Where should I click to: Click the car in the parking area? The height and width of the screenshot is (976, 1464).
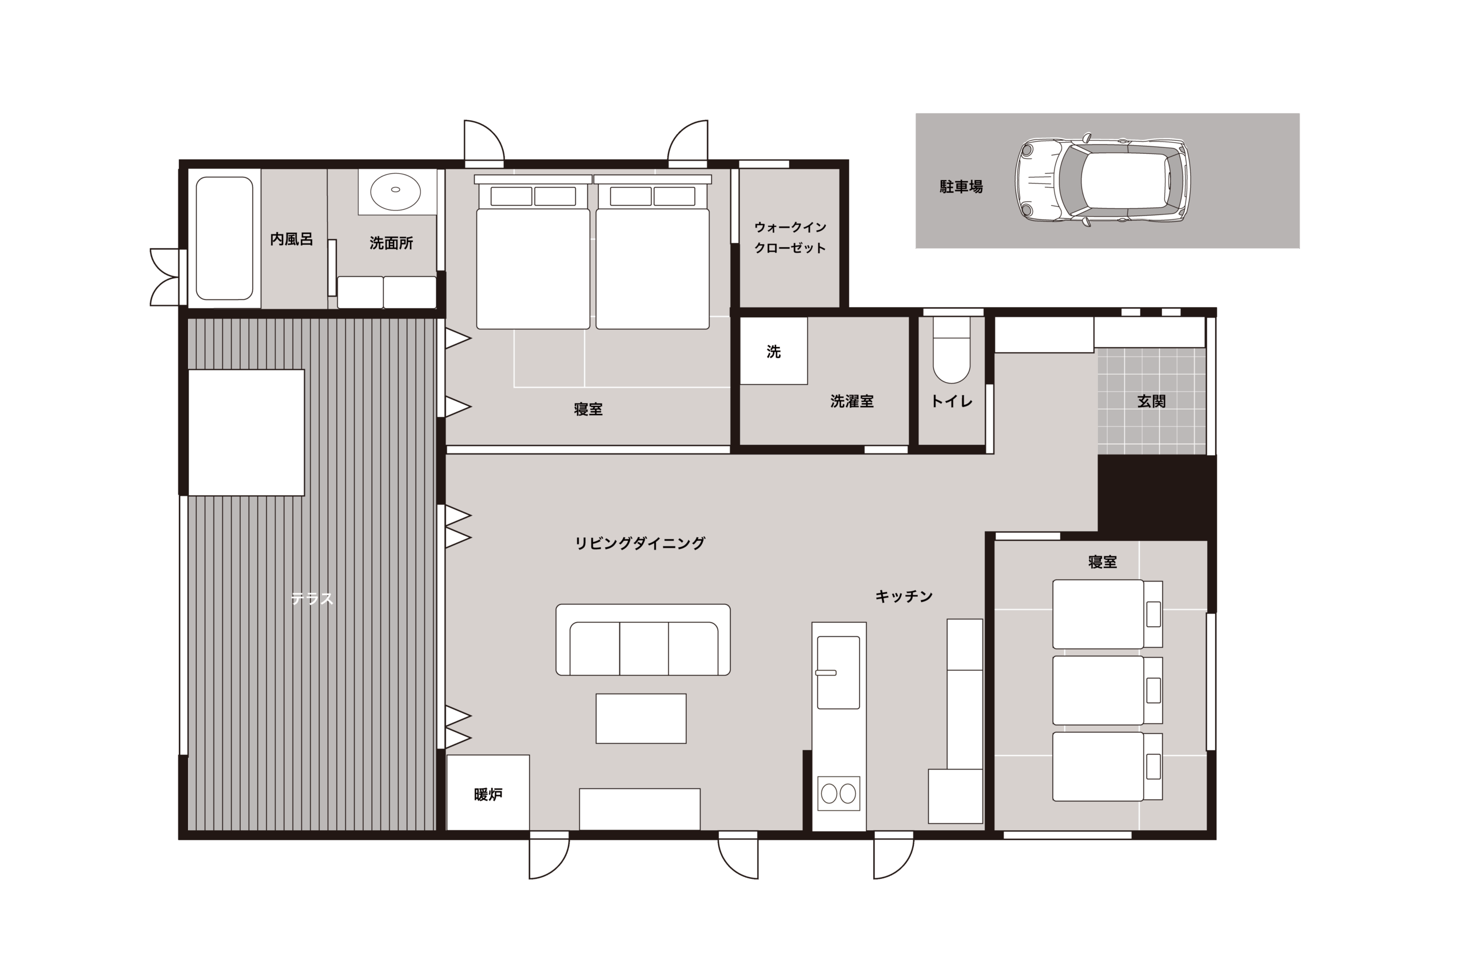pyautogui.click(x=1103, y=180)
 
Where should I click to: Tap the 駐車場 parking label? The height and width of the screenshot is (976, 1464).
pyautogui.click(x=961, y=187)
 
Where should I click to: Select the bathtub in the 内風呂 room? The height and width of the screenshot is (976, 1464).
pyautogui.click(x=224, y=238)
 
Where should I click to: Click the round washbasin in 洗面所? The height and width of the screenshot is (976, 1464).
pyautogui.click(x=395, y=190)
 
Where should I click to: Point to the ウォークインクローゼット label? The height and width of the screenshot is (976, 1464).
pyautogui.click(x=790, y=237)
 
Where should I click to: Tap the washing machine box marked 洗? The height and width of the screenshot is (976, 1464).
pyautogui.click(x=773, y=350)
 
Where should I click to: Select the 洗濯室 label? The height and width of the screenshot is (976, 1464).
pyautogui.click(x=852, y=401)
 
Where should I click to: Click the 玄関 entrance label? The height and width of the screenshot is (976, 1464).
pyautogui.click(x=1151, y=401)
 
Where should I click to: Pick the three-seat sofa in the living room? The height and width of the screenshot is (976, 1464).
pyautogui.click(x=643, y=639)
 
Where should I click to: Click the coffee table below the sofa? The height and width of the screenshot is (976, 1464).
pyautogui.click(x=641, y=718)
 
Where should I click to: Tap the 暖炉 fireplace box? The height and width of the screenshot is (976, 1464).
pyautogui.click(x=488, y=792)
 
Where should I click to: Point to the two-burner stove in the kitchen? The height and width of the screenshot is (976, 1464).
pyautogui.click(x=838, y=794)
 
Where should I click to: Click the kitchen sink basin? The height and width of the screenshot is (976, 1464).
pyautogui.click(x=838, y=672)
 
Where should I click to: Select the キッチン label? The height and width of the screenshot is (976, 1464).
pyautogui.click(x=904, y=596)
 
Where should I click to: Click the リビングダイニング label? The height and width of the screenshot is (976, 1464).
pyautogui.click(x=639, y=543)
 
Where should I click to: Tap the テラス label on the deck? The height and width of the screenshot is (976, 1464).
pyautogui.click(x=312, y=599)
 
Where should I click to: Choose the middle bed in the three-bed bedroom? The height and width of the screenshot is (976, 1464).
pyautogui.click(x=1107, y=690)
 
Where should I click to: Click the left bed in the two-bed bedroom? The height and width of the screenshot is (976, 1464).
pyautogui.click(x=533, y=252)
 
